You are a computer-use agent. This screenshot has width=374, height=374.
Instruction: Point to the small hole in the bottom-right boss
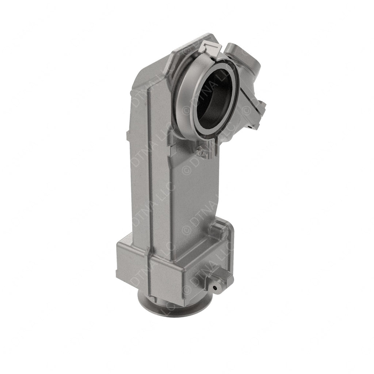click(218, 288)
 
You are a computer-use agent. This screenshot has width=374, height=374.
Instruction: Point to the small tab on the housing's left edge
click(127, 136)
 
